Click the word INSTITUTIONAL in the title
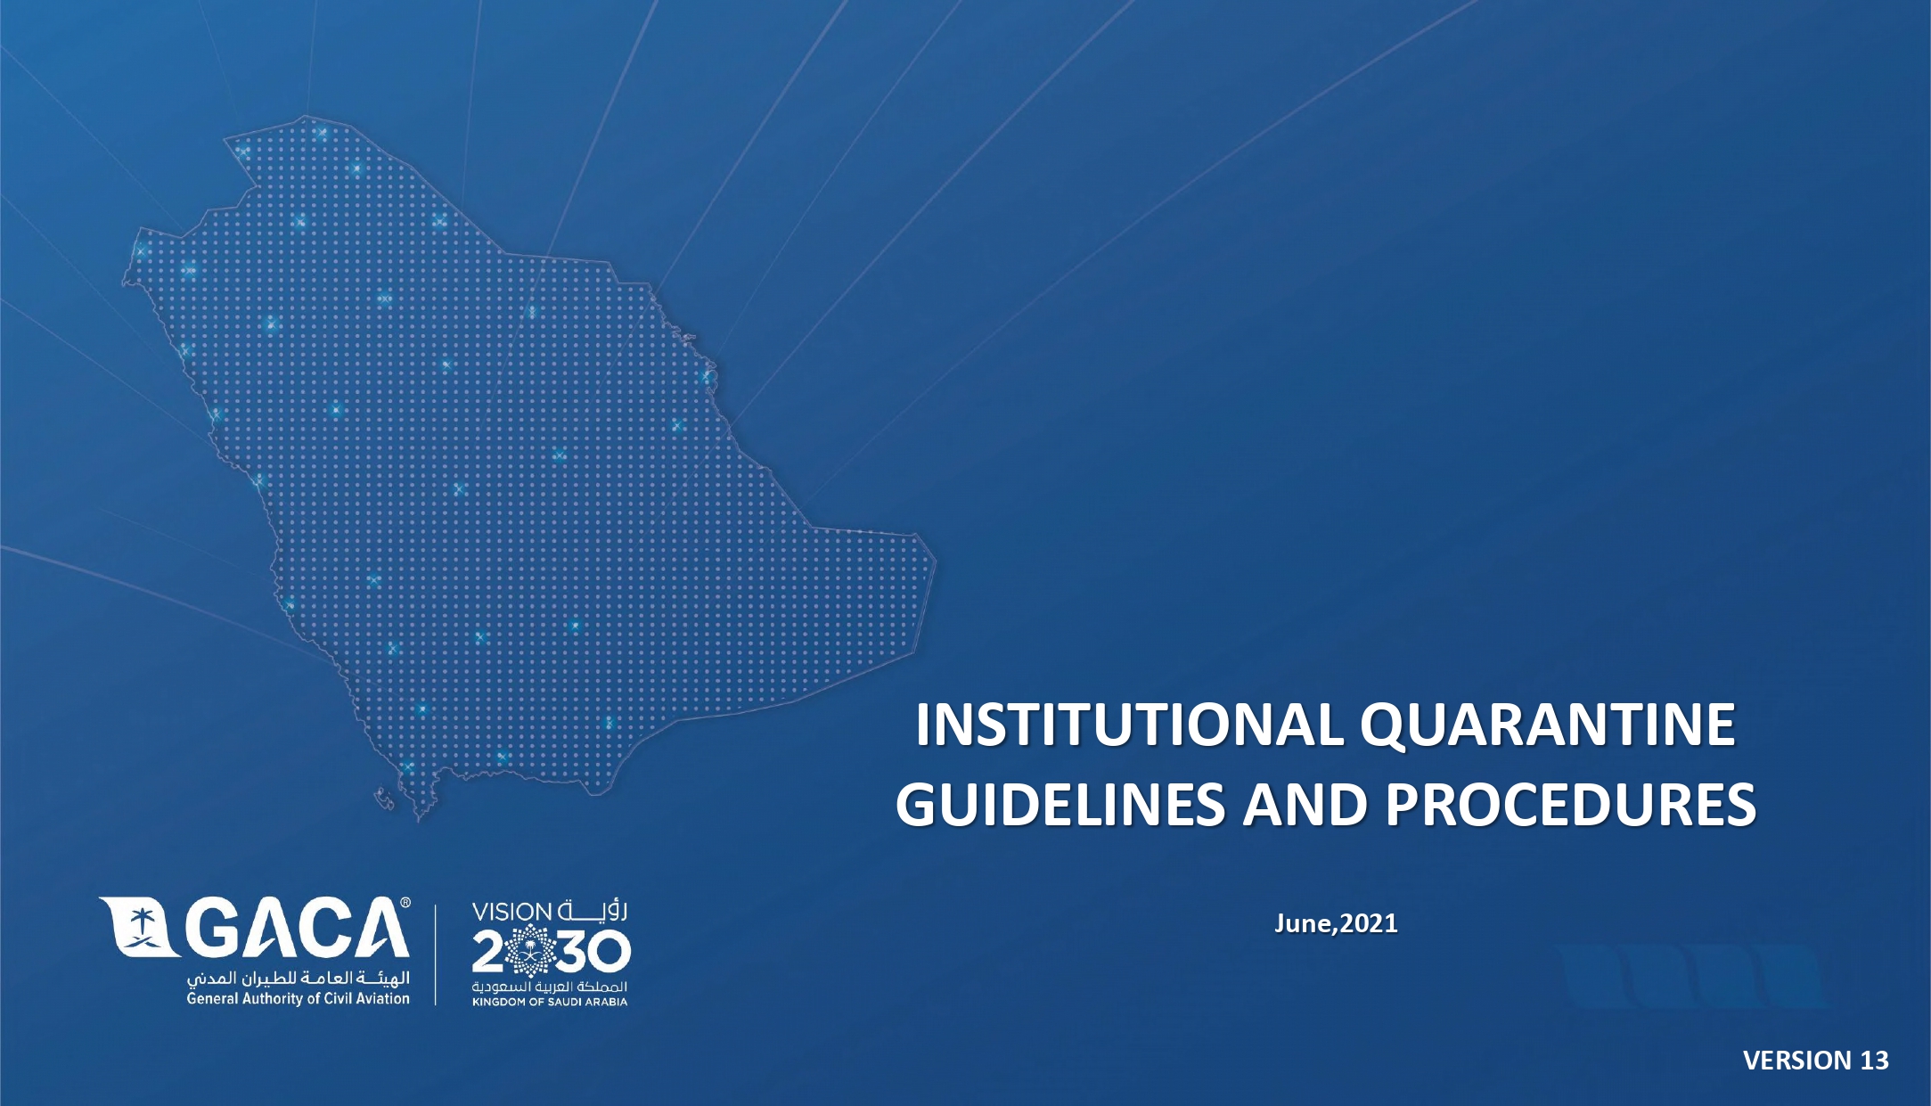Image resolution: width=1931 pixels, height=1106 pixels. click(x=1129, y=725)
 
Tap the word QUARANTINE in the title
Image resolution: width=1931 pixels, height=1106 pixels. click(x=1548, y=726)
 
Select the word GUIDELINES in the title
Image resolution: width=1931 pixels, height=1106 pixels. click(x=1060, y=805)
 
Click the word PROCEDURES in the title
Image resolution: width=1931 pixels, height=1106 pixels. click(x=1570, y=805)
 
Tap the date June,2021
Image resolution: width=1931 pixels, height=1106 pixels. click(x=1336, y=923)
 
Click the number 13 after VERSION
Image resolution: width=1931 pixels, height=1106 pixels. click(x=1874, y=1060)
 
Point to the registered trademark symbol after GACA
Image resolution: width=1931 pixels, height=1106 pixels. click(x=405, y=903)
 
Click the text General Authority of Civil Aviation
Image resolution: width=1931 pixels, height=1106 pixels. click(x=298, y=999)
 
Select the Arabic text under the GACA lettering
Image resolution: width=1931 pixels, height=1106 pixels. click(x=298, y=979)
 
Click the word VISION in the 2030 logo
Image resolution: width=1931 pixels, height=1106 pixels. click(x=511, y=913)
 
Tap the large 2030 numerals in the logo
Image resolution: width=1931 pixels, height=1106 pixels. click(x=551, y=952)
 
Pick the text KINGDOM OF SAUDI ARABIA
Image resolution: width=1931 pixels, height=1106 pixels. click(x=550, y=1002)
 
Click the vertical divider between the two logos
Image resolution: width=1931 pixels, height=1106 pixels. click(x=436, y=954)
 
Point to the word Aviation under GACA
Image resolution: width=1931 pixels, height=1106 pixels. click(x=382, y=999)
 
